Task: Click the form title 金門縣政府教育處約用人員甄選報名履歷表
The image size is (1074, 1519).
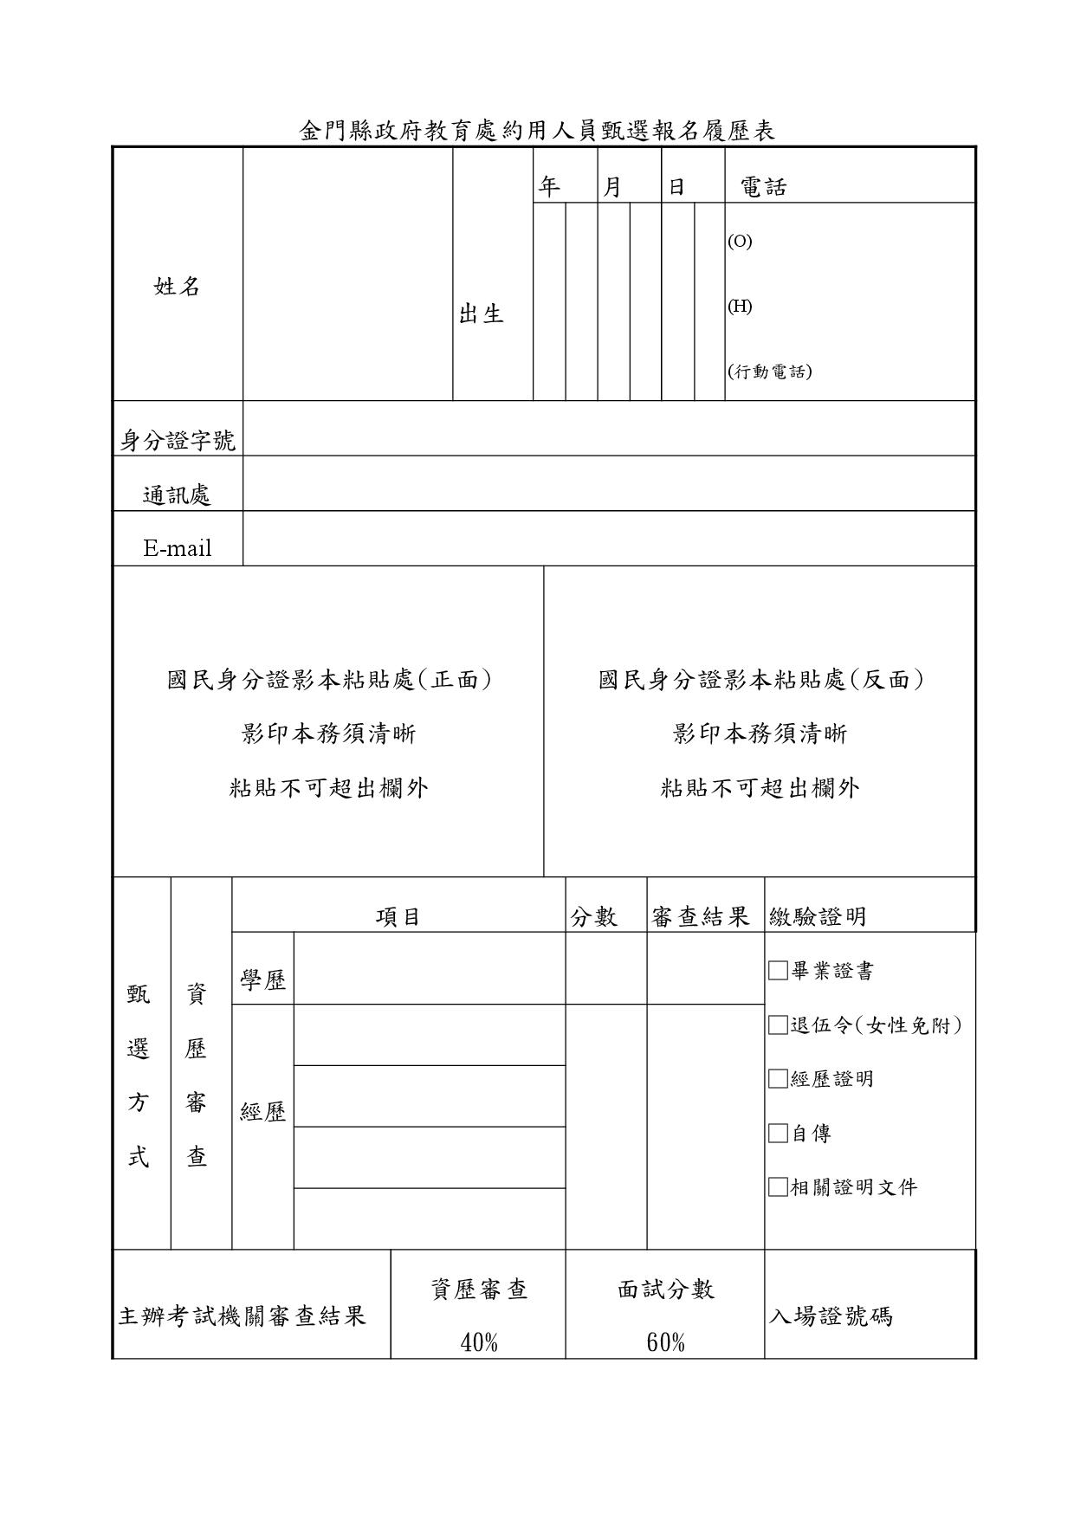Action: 536,131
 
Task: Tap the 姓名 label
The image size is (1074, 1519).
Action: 178,287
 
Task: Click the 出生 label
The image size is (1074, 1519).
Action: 482,314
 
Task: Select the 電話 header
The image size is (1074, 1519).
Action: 763,187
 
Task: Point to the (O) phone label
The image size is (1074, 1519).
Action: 740,242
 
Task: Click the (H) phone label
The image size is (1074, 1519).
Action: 740,307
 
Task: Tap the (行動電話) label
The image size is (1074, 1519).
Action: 770,372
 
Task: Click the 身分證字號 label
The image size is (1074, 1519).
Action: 178,441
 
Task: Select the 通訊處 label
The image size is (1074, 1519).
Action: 178,495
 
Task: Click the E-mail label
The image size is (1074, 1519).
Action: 178,548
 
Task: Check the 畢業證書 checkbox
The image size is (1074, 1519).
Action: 778,971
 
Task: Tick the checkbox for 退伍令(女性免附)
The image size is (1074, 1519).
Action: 778,1025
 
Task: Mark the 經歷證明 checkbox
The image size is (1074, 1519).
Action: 778,1079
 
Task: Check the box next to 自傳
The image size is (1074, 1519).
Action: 778,1134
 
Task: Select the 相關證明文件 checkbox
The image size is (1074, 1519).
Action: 778,1187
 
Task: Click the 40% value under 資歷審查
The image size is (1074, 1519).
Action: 479,1343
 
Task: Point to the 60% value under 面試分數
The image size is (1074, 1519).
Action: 665,1343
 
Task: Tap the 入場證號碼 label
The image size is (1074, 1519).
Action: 831,1317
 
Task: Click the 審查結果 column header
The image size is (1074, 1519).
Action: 700,917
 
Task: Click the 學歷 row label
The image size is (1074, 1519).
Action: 262,980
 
